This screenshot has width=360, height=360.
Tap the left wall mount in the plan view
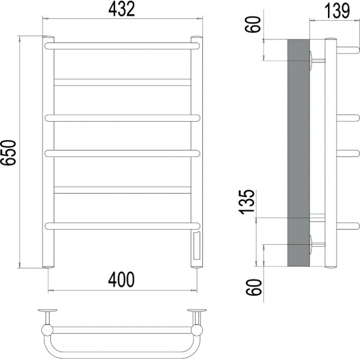(x=47, y=311)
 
